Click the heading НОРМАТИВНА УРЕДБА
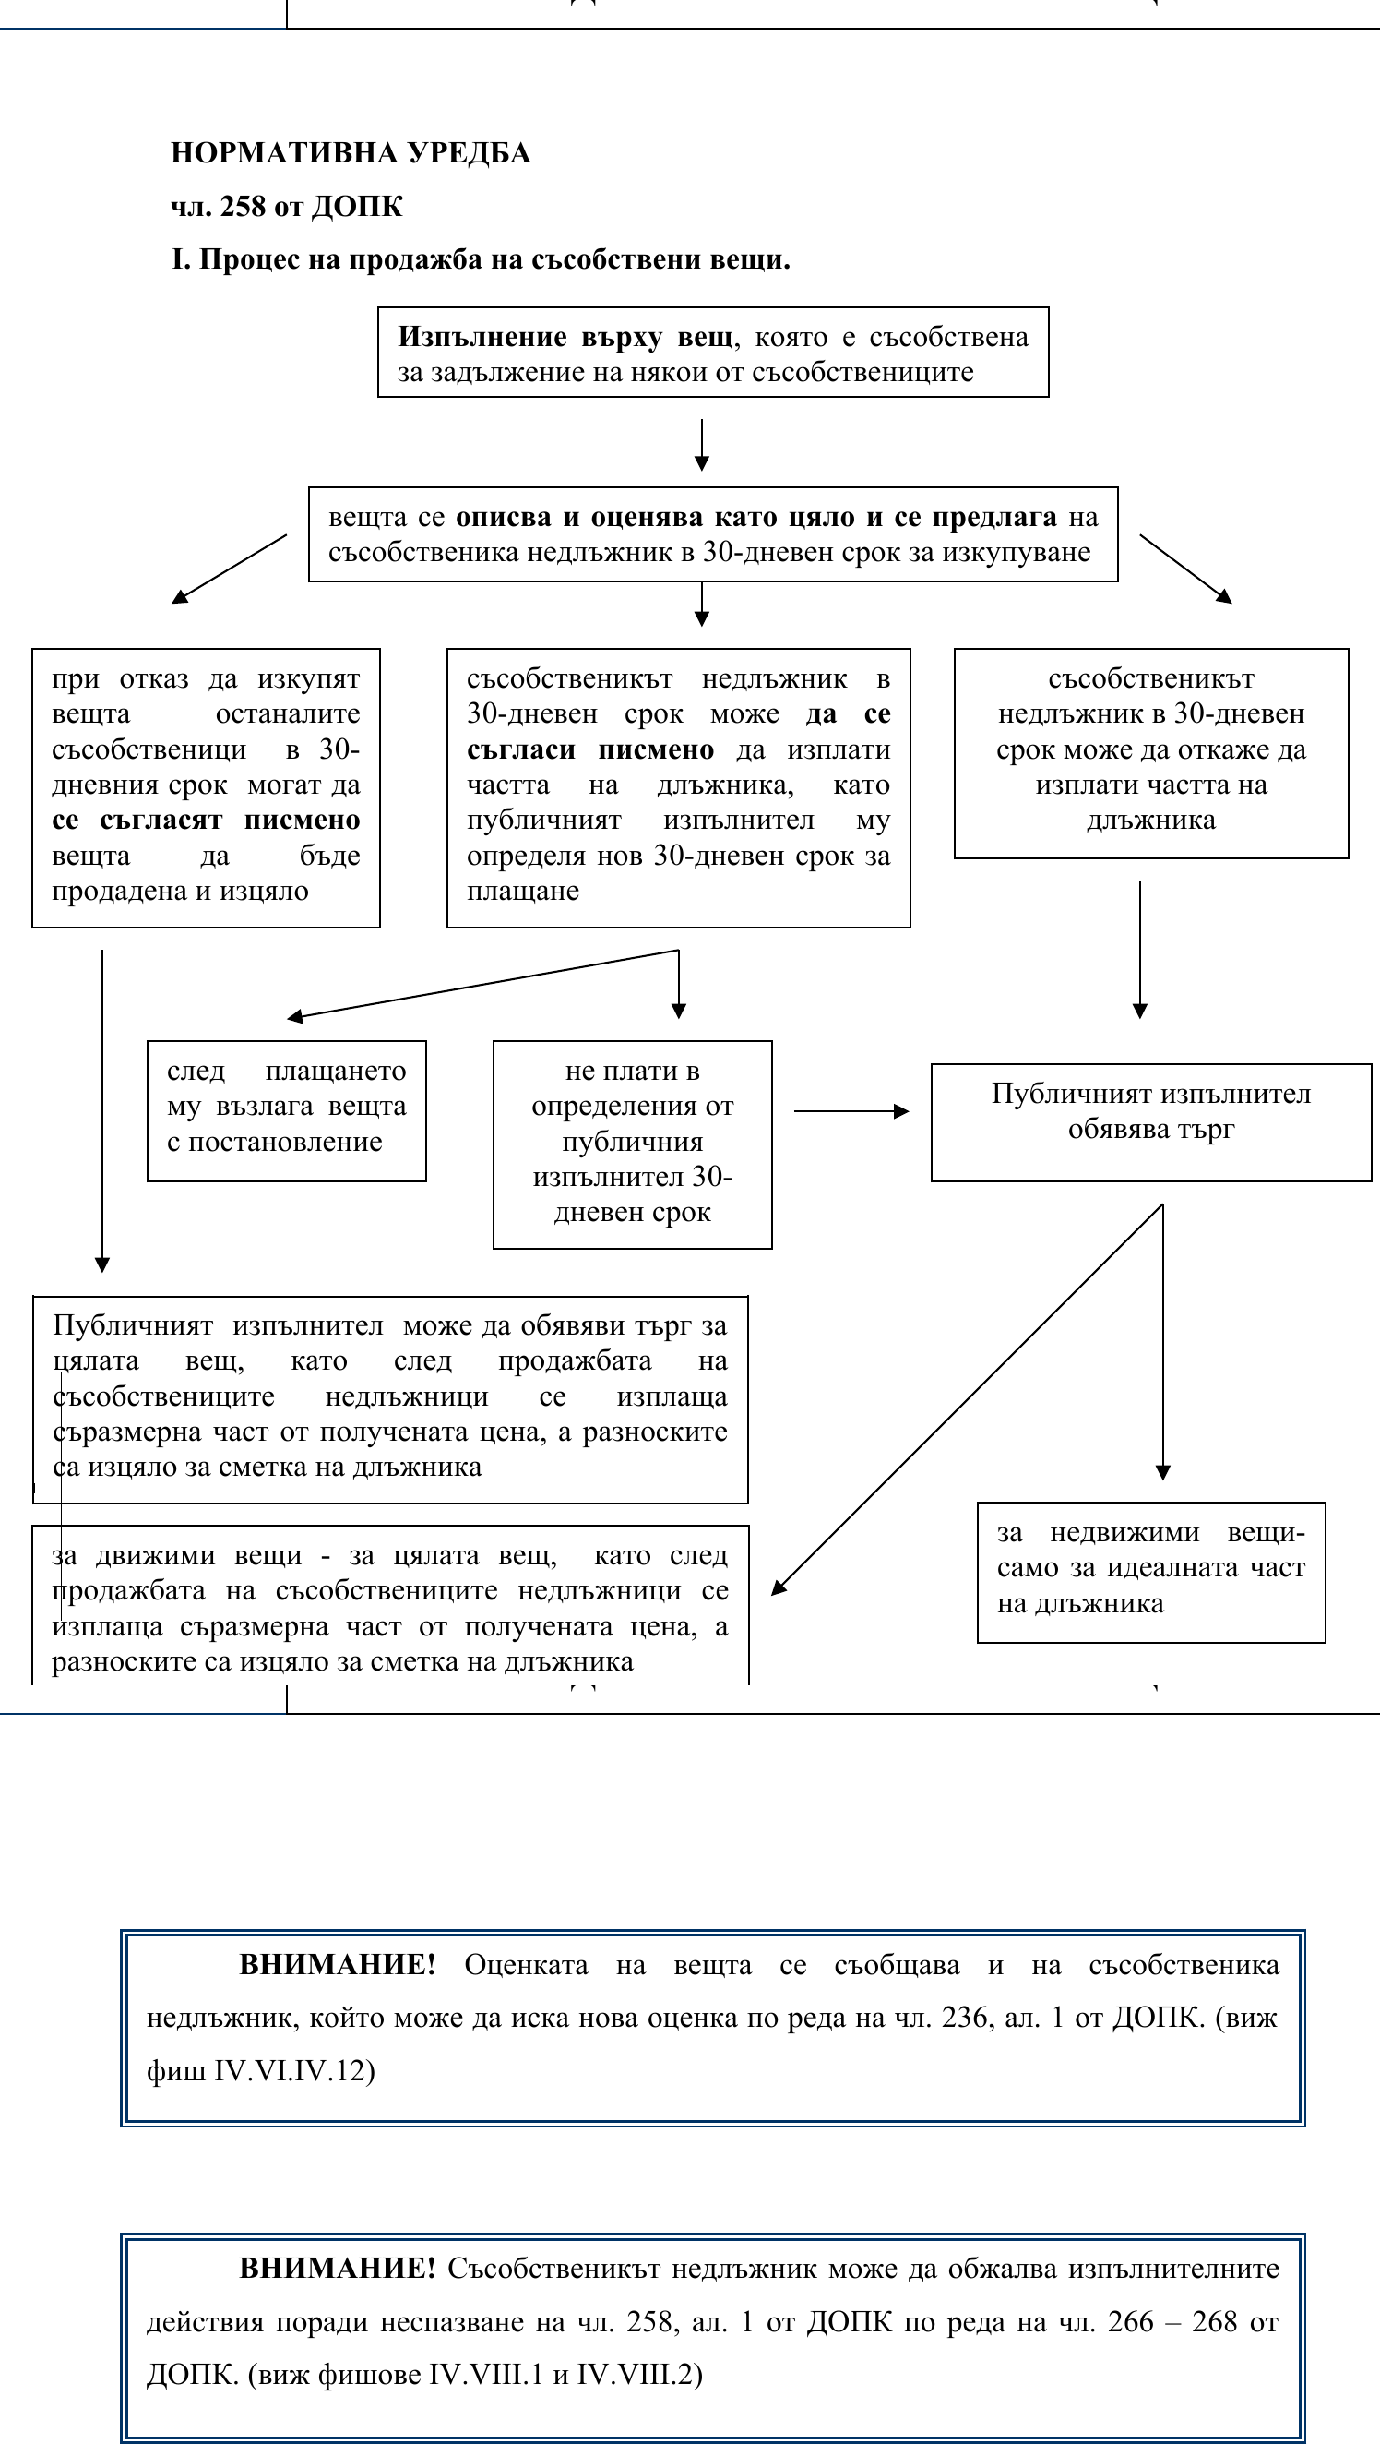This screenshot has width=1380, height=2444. click(x=350, y=153)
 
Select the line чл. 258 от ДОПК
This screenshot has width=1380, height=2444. click(x=287, y=207)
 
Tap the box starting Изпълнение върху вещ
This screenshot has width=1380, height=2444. click(x=712, y=353)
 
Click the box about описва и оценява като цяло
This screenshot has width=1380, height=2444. click(x=712, y=534)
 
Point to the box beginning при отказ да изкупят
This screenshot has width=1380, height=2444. click(x=206, y=786)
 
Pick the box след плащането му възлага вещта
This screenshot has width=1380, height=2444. click(x=287, y=1110)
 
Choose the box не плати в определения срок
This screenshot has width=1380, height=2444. click(x=632, y=1144)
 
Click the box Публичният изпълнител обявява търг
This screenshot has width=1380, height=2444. click(x=1150, y=1121)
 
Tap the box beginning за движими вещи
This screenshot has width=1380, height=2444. click(x=390, y=1608)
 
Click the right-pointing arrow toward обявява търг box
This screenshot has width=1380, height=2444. click(x=851, y=1111)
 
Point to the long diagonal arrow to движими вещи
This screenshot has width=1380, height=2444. click(x=968, y=1399)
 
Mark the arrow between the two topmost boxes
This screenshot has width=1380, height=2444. click(x=701, y=444)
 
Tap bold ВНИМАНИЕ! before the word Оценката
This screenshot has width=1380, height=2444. click(x=337, y=1964)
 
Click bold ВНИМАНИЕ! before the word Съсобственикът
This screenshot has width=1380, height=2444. click(x=337, y=2268)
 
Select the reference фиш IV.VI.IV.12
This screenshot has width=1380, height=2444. click(x=261, y=2070)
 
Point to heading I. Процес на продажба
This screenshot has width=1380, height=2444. click(x=480, y=260)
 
